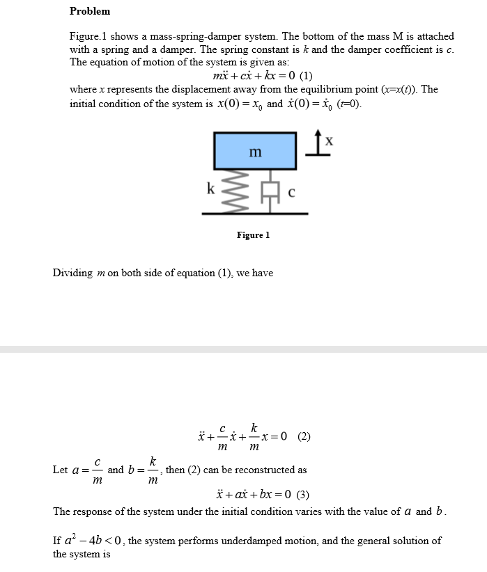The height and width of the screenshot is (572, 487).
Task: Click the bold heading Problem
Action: pos(90,11)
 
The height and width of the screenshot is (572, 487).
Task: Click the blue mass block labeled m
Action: pos(256,151)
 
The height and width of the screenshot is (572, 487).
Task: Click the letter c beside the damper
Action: pos(291,193)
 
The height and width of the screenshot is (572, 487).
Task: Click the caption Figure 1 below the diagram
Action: pos(253,235)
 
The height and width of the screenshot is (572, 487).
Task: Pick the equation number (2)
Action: pos(304,437)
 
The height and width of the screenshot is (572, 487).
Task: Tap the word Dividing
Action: pos(72,273)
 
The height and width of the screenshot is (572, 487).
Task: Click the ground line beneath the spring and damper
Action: pos(256,213)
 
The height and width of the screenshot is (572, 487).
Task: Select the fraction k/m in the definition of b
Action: pos(152,470)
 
